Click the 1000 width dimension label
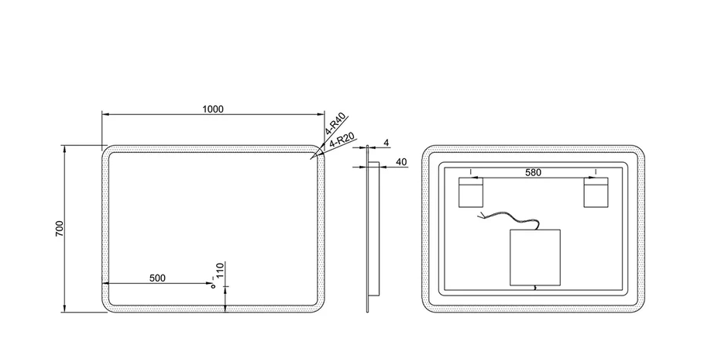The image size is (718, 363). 213,109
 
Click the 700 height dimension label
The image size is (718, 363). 60,229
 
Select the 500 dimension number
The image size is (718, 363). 157,278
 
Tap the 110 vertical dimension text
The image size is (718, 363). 220,271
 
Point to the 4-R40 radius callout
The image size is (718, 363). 335,124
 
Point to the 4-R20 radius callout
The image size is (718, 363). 342,140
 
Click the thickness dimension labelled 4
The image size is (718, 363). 386,143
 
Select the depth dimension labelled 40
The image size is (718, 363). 401,162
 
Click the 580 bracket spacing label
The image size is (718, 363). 533,172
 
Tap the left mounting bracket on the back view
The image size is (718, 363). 471,192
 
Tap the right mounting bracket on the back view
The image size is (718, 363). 596,192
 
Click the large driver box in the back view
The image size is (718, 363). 535,258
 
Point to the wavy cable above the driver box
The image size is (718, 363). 508,219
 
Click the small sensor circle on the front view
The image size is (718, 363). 213,287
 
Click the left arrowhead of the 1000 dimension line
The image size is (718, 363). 105,114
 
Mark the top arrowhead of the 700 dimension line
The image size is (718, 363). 64,148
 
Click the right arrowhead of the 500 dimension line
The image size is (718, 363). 210,283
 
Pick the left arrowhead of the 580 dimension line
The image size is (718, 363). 475,178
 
